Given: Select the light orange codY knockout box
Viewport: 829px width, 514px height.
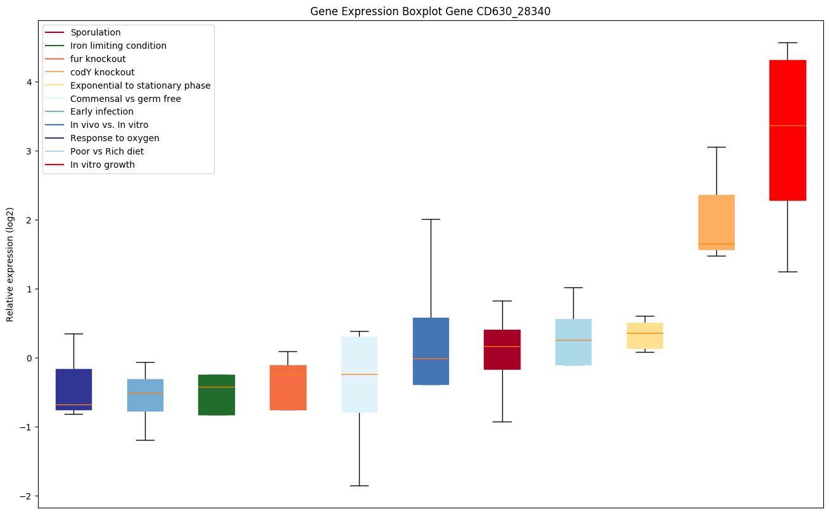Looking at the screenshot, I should (x=716, y=222).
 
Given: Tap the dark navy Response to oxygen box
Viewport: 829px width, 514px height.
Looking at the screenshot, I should (x=73, y=389).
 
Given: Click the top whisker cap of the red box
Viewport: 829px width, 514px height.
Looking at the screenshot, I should (x=787, y=42).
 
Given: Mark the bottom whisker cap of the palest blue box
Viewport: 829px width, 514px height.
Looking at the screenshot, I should (x=359, y=486).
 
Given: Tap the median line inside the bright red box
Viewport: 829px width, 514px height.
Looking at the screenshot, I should (x=787, y=126).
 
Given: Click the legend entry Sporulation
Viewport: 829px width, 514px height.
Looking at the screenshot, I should (x=96, y=32).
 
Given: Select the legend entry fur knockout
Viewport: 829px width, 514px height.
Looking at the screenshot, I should (x=98, y=59).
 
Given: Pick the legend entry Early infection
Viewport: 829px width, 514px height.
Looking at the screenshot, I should (x=102, y=112).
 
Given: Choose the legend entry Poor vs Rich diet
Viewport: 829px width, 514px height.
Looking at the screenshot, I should (x=107, y=151).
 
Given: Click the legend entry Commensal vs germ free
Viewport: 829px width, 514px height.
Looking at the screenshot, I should (x=125, y=99).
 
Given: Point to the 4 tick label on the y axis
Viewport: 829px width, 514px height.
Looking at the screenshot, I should (x=29, y=82).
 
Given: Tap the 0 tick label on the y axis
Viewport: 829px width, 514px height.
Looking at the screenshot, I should (x=29, y=358).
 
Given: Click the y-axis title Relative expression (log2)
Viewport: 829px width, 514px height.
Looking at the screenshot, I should (x=10, y=264).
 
